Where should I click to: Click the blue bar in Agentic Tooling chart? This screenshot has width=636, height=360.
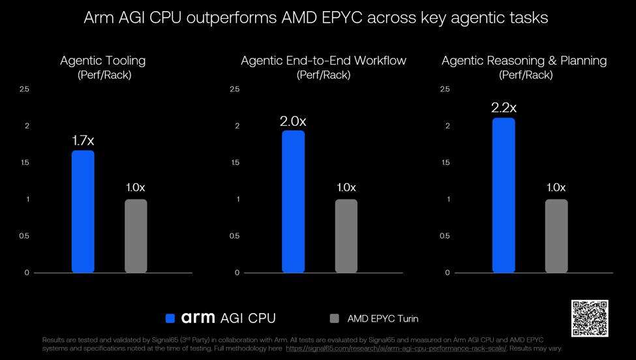click(x=83, y=211)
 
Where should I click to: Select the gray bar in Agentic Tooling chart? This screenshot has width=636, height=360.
click(x=136, y=236)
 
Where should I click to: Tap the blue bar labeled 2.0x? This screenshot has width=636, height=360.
click(x=294, y=202)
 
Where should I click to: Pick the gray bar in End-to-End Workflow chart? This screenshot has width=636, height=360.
click(x=346, y=236)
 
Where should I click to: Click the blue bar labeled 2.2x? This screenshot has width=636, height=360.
click(x=504, y=196)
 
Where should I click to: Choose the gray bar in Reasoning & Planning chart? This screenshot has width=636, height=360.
click(x=556, y=236)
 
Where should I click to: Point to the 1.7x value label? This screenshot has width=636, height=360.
click(x=83, y=140)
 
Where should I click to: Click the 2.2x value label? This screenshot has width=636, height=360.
click(x=504, y=108)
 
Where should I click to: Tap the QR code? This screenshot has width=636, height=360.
click(x=590, y=318)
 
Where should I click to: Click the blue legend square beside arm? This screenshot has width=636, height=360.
click(x=170, y=318)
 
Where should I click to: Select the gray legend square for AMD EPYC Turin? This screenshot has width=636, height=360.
click(x=334, y=318)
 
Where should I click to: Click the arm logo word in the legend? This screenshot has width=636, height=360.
click(x=198, y=318)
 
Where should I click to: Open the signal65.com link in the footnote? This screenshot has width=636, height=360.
click(x=397, y=348)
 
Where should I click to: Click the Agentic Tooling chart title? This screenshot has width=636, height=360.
click(x=103, y=61)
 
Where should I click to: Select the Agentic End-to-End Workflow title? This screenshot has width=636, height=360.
click(x=324, y=61)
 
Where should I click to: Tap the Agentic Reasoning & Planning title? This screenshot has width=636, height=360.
click(x=524, y=61)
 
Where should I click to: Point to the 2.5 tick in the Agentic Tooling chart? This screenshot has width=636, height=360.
click(x=24, y=89)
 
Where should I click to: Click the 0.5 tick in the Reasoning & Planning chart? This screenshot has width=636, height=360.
click(x=445, y=236)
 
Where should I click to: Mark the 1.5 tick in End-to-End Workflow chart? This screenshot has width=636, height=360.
click(x=235, y=162)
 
